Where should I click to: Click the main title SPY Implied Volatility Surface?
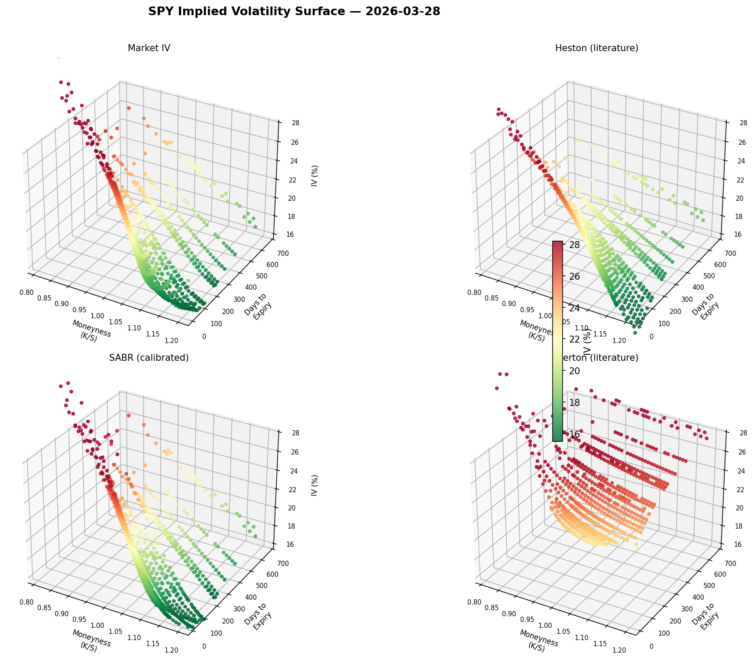tap(294, 12)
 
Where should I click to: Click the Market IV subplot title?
tap(149, 49)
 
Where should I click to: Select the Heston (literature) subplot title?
tap(596, 49)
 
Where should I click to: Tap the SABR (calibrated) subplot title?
tap(149, 358)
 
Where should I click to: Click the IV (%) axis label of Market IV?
tap(315, 176)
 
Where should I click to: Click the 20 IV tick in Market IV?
tap(282, 198)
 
